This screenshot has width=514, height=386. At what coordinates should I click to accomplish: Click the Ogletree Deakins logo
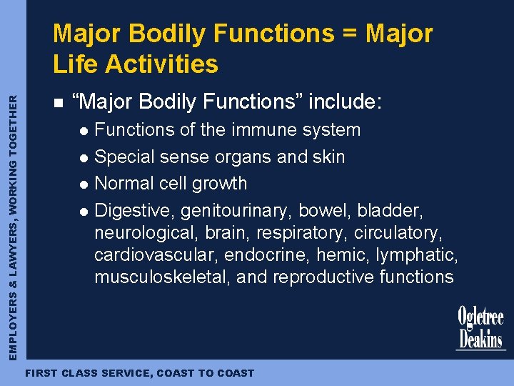(x=480, y=328)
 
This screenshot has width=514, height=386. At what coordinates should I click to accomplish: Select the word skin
(x=328, y=157)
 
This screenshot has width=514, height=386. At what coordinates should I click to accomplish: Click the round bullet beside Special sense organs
(x=84, y=157)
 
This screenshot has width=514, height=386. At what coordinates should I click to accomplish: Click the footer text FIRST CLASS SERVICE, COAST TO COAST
(x=139, y=373)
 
